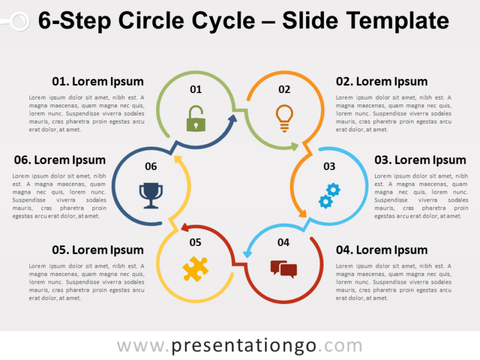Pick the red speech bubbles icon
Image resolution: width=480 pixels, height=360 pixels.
coord(284,269)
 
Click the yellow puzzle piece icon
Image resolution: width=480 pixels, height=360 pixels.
coord(195,269)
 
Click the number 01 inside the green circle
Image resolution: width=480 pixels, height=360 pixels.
coord(196,89)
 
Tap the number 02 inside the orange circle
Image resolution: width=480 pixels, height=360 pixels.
coord(284,89)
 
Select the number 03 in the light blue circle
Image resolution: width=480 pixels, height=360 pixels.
coord(329,166)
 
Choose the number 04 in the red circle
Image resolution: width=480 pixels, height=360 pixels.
coord(284,242)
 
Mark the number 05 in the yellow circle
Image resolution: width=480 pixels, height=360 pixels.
coord(195,242)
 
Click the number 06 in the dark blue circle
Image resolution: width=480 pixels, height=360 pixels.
coord(151,166)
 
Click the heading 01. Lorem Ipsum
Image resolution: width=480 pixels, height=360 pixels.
coord(98,82)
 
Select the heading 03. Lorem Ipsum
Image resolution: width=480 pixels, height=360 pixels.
coord(420,160)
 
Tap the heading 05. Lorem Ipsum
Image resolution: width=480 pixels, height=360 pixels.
coord(98,250)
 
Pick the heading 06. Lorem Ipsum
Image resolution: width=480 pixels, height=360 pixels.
coord(59,160)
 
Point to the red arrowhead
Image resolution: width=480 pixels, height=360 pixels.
coord(185,228)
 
